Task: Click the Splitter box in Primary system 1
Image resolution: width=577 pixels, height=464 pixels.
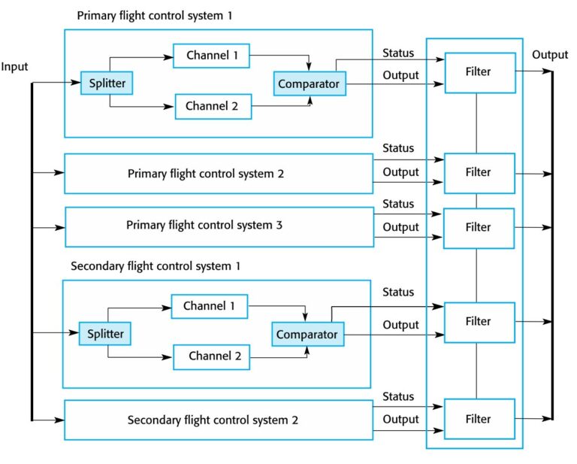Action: point(107,83)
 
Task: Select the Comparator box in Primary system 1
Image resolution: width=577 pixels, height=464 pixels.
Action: point(309,83)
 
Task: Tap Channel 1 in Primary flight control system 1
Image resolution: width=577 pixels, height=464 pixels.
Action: point(211,55)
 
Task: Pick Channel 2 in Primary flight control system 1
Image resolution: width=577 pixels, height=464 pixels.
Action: point(212,106)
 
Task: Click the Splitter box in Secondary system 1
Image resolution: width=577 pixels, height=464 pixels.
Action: point(105,332)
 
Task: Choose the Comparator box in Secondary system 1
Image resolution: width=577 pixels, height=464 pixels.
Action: point(307,333)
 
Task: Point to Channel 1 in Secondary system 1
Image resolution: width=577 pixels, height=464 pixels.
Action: point(210,306)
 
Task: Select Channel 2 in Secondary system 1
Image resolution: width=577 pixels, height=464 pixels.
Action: point(211,356)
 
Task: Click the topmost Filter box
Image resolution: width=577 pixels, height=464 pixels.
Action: point(479,73)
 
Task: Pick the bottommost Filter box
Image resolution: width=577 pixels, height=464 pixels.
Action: point(479,419)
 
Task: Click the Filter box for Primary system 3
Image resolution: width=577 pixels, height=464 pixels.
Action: point(479,227)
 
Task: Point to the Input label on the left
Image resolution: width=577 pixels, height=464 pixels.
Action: point(14,67)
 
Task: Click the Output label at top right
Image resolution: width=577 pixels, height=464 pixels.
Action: point(550,55)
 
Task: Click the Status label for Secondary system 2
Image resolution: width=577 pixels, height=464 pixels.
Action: point(398,396)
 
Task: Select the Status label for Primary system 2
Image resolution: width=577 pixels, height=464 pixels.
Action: point(398,148)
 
